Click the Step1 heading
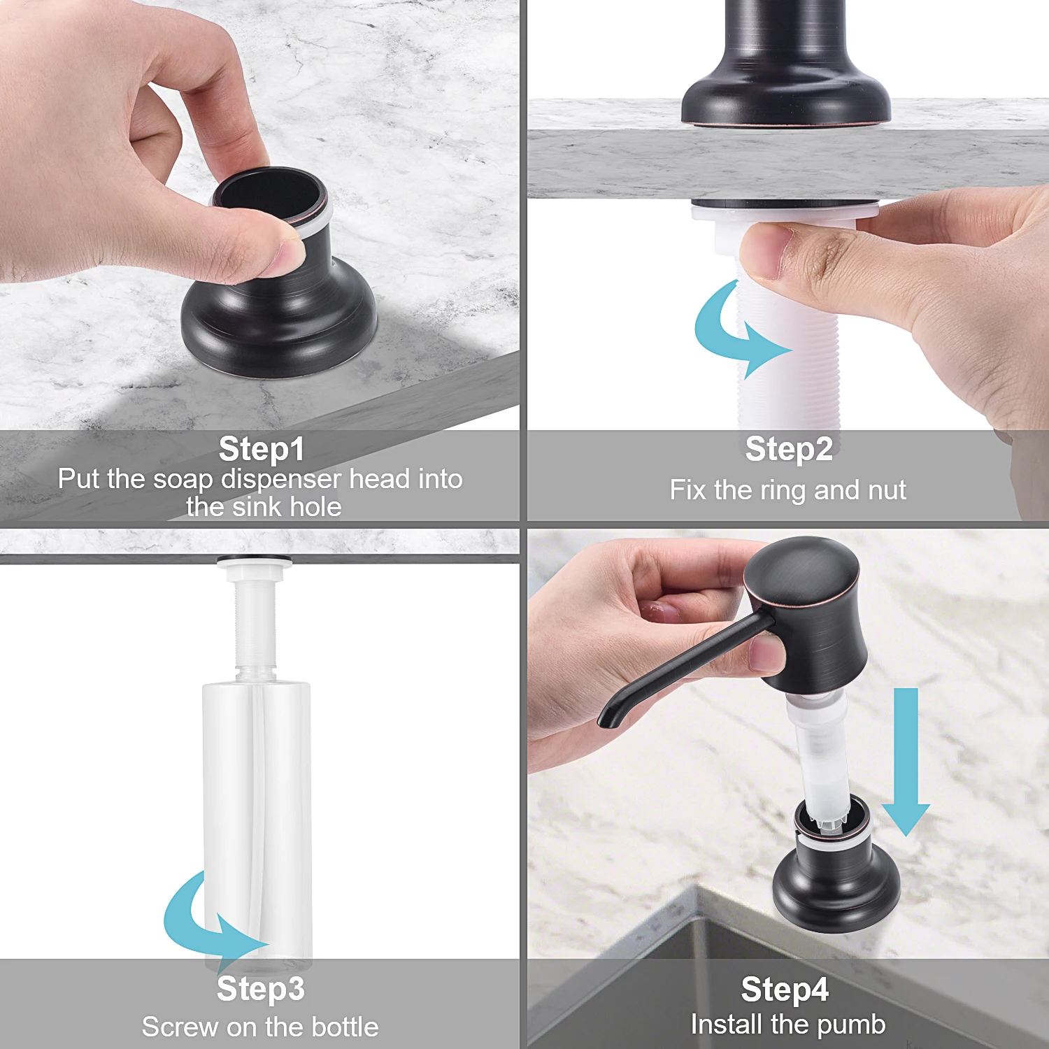coord(262,449)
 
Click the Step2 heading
coord(789,449)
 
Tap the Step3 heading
coord(261,989)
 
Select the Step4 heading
coord(785,990)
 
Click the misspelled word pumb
coord(851,1025)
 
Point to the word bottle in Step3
coord(345,1027)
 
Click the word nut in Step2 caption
coord(886,490)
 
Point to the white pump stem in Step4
coord(818,755)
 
